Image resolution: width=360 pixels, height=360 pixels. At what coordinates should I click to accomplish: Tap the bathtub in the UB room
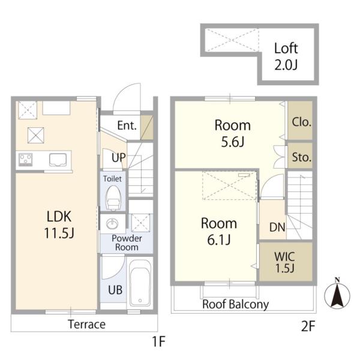click(x=140, y=283)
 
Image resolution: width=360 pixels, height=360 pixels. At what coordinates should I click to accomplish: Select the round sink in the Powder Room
click(x=112, y=223)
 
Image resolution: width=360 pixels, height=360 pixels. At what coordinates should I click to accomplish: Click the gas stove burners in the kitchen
click(x=25, y=160)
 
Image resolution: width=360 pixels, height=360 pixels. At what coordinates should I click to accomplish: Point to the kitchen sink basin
click(x=58, y=160)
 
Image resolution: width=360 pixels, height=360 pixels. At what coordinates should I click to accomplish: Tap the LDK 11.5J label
click(x=59, y=224)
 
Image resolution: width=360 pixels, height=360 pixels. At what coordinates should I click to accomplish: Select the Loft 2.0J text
click(x=286, y=56)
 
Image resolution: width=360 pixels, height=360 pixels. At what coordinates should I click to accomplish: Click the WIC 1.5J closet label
click(x=284, y=262)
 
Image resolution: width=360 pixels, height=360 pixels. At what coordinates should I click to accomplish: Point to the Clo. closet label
click(x=301, y=122)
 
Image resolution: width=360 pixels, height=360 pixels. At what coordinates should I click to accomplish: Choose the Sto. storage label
click(x=302, y=157)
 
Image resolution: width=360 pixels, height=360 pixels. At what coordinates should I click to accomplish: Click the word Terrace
click(x=87, y=324)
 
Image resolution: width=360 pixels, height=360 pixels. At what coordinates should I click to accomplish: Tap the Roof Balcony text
click(x=236, y=304)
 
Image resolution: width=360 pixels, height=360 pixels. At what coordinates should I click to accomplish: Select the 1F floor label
click(x=158, y=341)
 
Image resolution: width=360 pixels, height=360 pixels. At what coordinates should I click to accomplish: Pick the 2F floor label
click(x=308, y=326)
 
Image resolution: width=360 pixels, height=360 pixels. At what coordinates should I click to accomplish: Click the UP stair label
click(x=119, y=158)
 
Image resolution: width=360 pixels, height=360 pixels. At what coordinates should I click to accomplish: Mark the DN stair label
click(x=277, y=227)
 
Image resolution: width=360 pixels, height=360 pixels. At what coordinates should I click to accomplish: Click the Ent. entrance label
click(x=127, y=125)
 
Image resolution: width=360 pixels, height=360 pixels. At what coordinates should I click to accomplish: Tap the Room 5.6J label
click(x=232, y=133)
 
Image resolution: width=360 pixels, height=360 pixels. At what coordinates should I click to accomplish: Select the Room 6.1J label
click(x=219, y=231)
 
